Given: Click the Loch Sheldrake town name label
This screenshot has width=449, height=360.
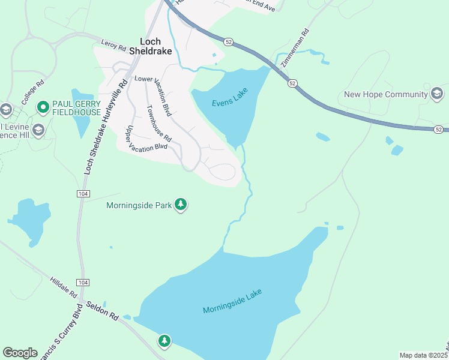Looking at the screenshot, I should click(155, 46).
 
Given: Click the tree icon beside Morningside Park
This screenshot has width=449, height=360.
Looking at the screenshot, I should click(181, 205).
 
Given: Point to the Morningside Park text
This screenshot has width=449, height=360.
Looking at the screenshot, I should click(139, 205).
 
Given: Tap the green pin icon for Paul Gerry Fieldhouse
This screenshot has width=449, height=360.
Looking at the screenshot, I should click(43, 108).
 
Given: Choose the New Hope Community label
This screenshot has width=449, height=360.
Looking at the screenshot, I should click(385, 94).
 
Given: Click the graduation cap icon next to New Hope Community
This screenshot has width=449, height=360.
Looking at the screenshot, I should click(437, 94).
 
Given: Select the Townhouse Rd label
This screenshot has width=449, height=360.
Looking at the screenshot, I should click(159, 124).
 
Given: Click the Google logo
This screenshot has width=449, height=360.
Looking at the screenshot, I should click(20, 352).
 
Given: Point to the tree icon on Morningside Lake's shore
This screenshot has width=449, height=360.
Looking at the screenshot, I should click(164, 341).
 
